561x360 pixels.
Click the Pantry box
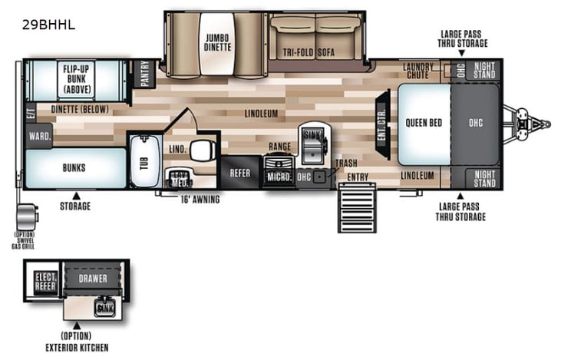point(144,74)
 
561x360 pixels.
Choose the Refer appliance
point(237,173)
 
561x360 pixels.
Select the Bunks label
point(74,167)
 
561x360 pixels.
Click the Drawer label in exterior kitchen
point(93,278)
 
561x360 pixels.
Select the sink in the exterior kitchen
point(104,309)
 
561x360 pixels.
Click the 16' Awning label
point(200,200)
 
